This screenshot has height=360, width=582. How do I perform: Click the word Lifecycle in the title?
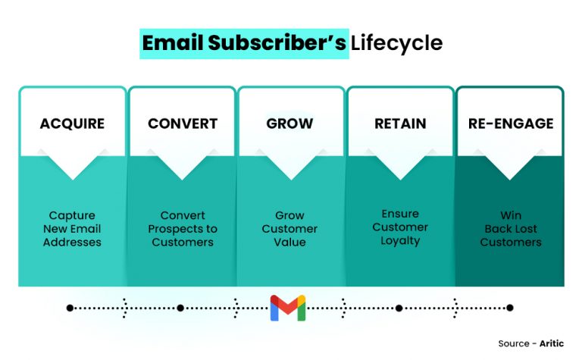coord(396,43)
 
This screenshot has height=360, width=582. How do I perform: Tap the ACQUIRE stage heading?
coord(72,124)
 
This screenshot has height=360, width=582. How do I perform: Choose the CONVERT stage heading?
coord(182,124)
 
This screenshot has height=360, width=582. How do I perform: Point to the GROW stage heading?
coord(291,124)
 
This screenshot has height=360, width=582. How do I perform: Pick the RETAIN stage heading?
coord(399,124)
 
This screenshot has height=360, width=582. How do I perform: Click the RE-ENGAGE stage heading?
coord(511,124)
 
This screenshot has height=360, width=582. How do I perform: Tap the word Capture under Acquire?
coord(72,215)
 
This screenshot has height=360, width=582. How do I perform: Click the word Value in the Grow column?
coord(291,243)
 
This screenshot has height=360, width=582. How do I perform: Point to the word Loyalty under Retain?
coord(399,241)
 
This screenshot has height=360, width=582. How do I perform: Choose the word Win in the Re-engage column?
coord(511,215)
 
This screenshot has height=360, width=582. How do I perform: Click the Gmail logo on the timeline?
coord(288,308)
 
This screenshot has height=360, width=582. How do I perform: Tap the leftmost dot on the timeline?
coord(70,308)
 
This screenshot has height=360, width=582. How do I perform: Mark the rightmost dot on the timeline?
coord(510,308)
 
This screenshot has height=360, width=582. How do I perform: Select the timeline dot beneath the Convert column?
coord(180,308)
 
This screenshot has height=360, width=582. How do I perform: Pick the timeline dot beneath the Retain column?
coord(399,308)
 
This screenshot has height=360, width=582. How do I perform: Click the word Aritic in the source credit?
coord(552,343)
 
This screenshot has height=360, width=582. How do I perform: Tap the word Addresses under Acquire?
coord(72,243)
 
